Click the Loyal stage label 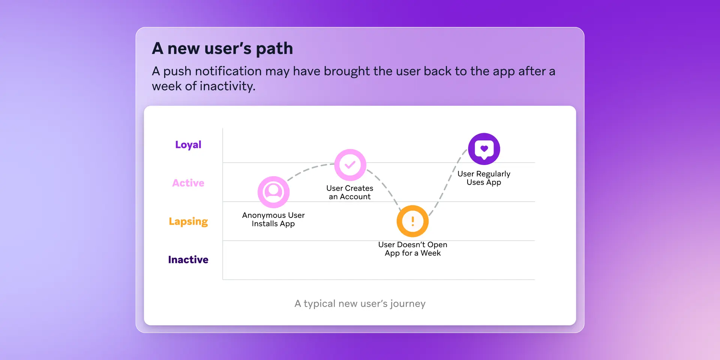[188, 145]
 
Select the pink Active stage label [188, 183]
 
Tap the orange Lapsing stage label [188, 222]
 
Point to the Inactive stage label [188, 259]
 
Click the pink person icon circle [273, 192]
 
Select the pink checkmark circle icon [350, 165]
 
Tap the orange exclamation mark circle [412, 221]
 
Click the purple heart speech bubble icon [484, 149]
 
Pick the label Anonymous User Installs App [273, 219]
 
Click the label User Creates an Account [349, 192]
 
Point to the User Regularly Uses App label [484, 178]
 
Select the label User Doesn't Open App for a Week [412, 249]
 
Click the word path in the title [274, 49]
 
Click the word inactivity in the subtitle [227, 86]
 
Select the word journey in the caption [408, 304]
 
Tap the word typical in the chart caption [319, 304]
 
